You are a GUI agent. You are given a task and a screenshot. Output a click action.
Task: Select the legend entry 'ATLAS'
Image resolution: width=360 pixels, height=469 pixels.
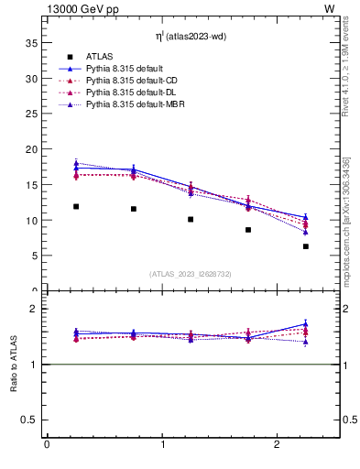(x=99, y=58)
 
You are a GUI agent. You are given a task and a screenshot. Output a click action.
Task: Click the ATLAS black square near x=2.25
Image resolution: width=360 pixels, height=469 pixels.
(x=306, y=246)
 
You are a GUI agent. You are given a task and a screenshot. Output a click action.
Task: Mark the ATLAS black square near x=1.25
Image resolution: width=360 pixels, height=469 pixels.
(x=191, y=219)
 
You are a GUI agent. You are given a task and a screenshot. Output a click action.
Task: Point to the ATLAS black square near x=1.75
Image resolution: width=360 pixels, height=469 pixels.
(x=248, y=230)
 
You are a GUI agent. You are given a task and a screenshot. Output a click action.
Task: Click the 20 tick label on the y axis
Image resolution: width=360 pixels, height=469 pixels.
(x=30, y=149)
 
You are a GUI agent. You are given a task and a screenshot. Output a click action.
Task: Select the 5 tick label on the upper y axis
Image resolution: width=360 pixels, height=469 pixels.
(x=33, y=256)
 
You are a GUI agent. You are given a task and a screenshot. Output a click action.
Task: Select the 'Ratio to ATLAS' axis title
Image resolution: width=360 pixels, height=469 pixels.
(x=14, y=365)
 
